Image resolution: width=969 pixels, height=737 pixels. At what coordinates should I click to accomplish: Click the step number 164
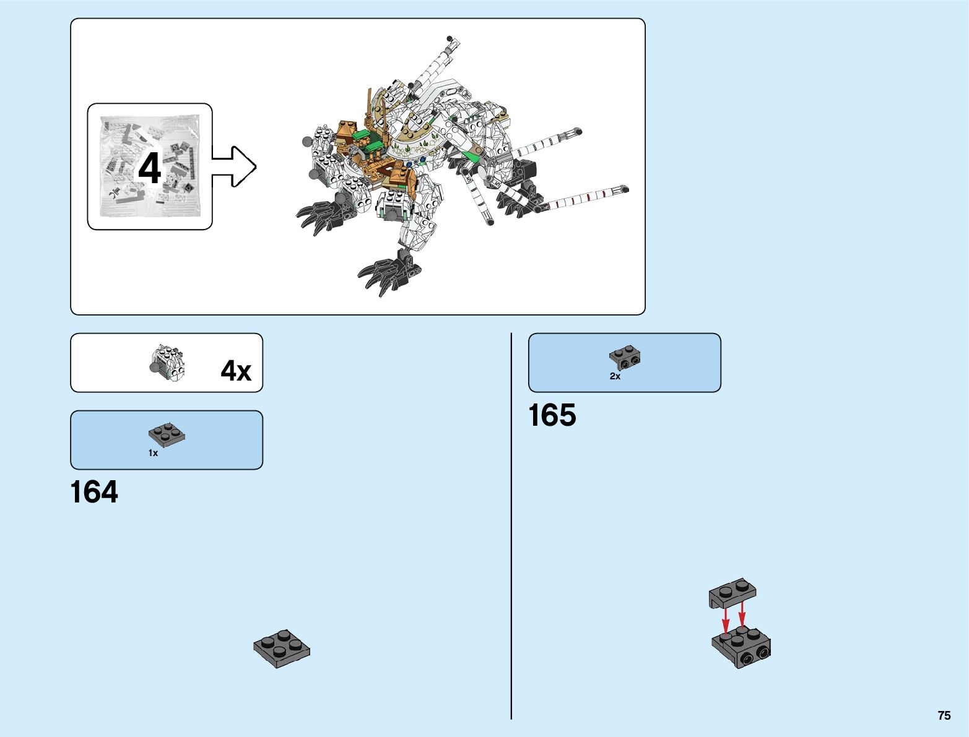point(94,493)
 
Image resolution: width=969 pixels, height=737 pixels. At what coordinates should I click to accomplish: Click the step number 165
point(552,415)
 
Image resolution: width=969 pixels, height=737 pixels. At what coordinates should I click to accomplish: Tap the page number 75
point(944,715)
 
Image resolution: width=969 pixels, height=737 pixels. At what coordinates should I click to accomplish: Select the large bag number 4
point(149,168)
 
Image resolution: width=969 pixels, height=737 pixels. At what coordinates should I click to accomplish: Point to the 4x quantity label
point(236,371)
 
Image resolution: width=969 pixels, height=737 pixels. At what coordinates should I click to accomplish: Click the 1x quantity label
point(153,453)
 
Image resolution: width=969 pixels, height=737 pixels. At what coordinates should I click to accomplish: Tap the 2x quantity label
point(615,376)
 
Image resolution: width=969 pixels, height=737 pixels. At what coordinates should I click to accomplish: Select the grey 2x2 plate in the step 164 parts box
point(167,435)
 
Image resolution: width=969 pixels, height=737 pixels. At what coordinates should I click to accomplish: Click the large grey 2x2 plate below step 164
point(282,649)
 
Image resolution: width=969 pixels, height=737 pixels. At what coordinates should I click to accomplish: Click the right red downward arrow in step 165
point(742,616)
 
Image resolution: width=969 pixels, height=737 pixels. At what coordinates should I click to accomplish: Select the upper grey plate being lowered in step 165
point(733,591)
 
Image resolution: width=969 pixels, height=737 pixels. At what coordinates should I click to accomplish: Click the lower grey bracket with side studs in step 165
point(741,647)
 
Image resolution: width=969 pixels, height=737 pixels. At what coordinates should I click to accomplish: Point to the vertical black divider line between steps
point(511,526)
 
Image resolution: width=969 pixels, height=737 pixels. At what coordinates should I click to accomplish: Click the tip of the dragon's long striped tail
point(625,188)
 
